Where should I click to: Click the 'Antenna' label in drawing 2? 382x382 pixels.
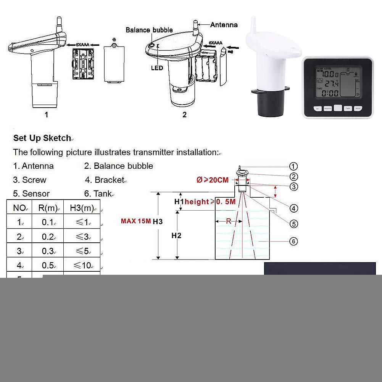pos(224,25)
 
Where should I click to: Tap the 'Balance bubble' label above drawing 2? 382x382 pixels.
pos(149,30)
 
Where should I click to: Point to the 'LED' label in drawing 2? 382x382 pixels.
pos(157,68)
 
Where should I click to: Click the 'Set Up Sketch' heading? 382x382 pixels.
pos(42,138)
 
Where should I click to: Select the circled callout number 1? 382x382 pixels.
pos(293,166)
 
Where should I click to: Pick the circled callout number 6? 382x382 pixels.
pos(293,241)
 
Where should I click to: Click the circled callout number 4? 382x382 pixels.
pos(293,208)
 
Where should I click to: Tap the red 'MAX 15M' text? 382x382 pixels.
pos(136,221)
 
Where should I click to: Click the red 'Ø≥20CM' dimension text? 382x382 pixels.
pos(213,180)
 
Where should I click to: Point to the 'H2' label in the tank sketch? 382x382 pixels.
pos(176,235)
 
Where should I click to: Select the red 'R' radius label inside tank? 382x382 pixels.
pos(228,221)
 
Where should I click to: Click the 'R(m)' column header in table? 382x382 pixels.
pos(48,208)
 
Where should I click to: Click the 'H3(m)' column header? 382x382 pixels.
pos(82,208)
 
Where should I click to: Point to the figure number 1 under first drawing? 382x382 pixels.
pos(47,114)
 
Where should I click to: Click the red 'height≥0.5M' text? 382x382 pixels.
pos(210,201)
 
